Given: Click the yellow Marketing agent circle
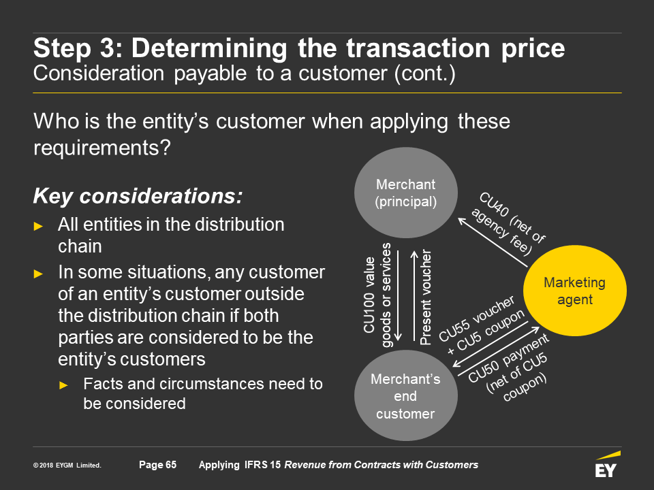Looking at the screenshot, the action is (575, 291).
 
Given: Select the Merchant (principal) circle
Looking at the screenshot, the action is (406, 193).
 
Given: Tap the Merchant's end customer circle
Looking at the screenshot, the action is (406, 395).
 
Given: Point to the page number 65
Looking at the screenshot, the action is (157, 465).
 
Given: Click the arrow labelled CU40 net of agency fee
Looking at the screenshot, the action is (493, 242).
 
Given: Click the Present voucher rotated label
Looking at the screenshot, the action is (425, 297).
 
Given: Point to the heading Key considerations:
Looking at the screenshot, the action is (138, 196).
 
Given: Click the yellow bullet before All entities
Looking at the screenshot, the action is (38, 226).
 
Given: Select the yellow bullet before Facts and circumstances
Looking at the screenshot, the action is (63, 385).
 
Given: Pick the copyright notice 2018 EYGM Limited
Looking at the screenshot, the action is (67, 465).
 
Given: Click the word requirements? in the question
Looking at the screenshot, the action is (102, 148).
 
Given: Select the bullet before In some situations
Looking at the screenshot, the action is (38, 274).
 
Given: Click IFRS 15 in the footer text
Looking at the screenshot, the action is (262, 465).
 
